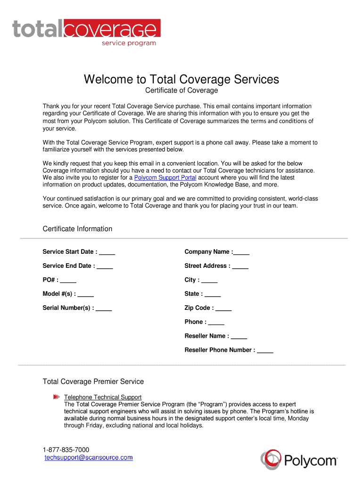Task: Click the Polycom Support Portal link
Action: coord(165,178)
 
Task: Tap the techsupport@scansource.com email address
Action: coord(89,458)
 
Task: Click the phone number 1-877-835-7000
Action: coord(66,450)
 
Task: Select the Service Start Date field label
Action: coord(70,252)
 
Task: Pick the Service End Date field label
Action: coord(69,266)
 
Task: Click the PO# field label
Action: coord(51,280)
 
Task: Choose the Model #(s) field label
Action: coord(59,294)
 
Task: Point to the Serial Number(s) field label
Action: coord(68,308)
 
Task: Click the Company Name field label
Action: coord(208,252)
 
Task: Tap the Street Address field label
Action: coord(207,266)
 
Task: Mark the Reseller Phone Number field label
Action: coord(220,350)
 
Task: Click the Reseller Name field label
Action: coord(207,336)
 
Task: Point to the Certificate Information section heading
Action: coord(77,229)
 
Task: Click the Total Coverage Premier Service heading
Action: coord(93,381)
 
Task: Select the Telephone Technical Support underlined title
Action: coord(103,397)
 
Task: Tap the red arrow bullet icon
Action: coord(57,397)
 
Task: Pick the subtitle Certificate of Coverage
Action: coord(181,91)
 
